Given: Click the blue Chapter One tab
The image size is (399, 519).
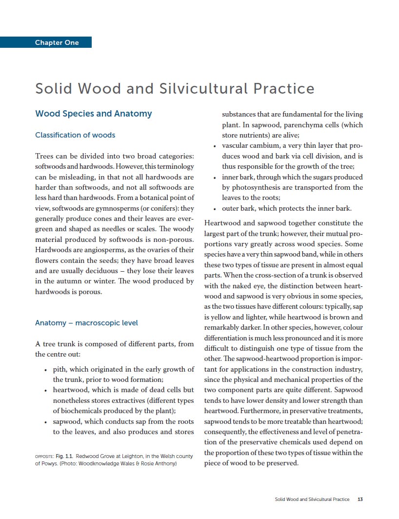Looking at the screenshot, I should tap(57, 42).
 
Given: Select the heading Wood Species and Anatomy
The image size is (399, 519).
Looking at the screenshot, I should tap(93, 114).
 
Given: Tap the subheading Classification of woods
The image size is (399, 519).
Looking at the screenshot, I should tap(75, 135).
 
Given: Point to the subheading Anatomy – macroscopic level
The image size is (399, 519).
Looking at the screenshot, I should tap(86, 322).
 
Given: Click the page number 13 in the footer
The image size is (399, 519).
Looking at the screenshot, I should tap(360, 499).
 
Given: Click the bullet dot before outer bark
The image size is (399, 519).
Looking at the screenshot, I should tap(215, 209).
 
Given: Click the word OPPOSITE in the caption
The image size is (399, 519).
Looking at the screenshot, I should tap(44, 457).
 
